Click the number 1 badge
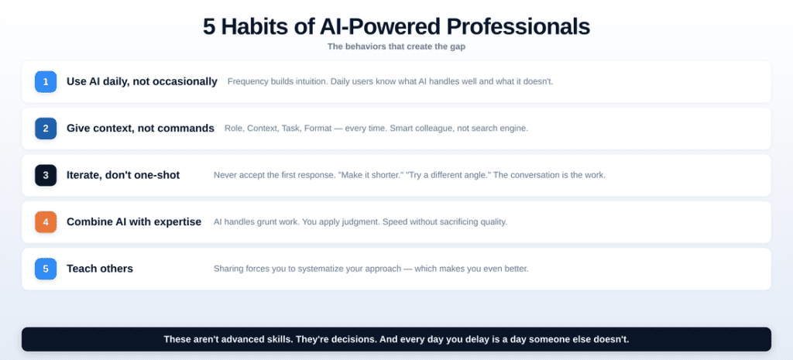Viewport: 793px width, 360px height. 46,81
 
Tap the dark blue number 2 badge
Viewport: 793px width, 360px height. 46,128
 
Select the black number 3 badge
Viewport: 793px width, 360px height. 46,175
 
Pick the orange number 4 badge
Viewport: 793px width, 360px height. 46,221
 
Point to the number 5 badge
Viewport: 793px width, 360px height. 46,269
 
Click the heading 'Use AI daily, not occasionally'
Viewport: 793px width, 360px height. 142,81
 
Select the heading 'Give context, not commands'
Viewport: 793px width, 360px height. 140,128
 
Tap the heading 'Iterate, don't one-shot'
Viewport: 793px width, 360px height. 123,175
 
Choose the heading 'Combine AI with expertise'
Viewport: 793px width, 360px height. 134,221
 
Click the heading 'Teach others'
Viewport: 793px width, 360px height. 100,269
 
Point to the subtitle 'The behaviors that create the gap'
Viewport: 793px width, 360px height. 396,46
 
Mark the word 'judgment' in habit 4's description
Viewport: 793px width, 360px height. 371,222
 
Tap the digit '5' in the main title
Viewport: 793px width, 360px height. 210,26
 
